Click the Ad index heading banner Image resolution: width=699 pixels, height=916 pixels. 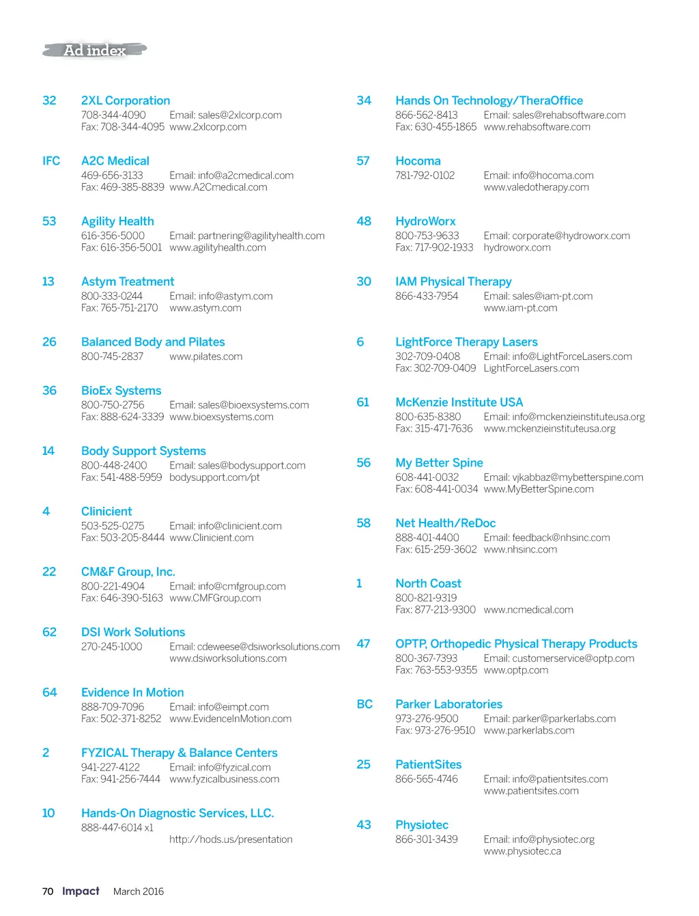coord(95,50)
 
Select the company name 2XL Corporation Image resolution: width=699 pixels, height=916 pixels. coord(126,100)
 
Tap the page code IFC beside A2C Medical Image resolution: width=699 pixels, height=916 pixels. coord(51,161)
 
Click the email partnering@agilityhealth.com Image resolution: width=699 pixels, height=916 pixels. coord(247,236)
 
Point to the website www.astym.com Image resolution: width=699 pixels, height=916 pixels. coord(205,308)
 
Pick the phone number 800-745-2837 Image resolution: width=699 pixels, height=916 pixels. coord(112,357)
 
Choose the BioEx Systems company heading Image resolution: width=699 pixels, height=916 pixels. coord(122,391)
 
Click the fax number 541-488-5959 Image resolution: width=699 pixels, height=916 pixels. coord(122,477)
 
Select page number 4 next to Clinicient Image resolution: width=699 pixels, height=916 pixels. coord(46,512)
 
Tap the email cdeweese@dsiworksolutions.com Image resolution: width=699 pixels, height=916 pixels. coord(255,647)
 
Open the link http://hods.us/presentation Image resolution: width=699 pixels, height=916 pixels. coord(231,839)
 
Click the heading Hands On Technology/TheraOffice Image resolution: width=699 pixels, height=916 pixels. coord(489,100)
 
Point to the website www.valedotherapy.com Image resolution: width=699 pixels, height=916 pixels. coord(536,187)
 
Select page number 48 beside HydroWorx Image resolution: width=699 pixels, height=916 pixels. coord(364,221)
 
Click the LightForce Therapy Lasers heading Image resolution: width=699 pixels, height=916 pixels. coord(466,342)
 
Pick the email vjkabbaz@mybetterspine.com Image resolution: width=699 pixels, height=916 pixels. coord(563,477)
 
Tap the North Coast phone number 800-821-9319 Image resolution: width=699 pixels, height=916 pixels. coord(426,598)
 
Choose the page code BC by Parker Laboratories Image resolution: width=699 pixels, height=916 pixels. coord(365,704)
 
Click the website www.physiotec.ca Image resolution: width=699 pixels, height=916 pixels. coord(522,852)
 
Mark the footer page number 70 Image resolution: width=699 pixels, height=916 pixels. coord(48,891)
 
